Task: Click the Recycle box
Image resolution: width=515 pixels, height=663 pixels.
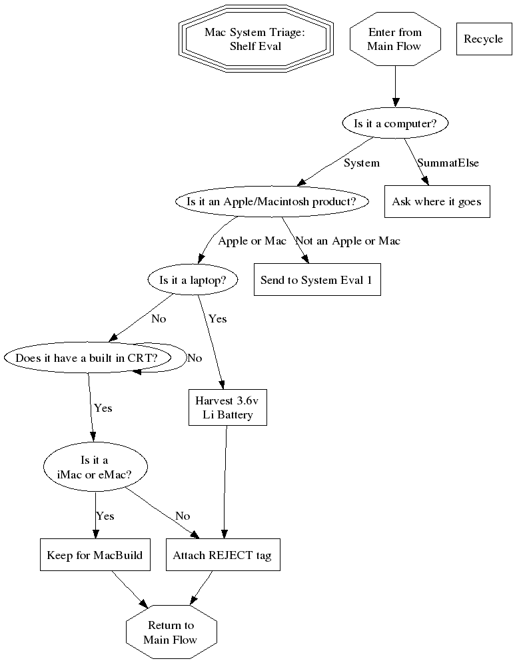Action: click(x=483, y=39)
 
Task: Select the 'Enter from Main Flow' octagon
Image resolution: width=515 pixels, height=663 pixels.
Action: click(x=395, y=39)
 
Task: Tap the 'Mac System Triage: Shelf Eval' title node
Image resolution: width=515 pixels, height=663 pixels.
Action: click(x=255, y=39)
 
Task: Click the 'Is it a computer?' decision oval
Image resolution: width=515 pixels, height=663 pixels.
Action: click(x=395, y=123)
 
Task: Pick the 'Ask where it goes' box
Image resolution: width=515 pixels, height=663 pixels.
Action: click(x=436, y=201)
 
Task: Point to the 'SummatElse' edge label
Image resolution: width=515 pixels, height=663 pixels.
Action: click(x=448, y=163)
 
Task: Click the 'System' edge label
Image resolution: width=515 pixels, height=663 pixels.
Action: click(x=361, y=163)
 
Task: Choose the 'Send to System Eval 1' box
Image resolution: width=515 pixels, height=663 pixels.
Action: click(x=316, y=280)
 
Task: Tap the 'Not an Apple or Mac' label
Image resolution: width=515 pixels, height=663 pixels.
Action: click(x=348, y=241)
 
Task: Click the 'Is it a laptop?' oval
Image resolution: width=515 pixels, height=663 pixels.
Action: click(x=193, y=280)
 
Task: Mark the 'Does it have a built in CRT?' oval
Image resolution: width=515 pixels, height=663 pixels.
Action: click(x=86, y=358)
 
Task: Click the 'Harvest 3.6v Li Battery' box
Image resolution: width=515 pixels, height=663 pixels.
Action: click(x=228, y=408)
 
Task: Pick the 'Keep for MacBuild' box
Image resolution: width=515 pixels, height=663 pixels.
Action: click(x=94, y=554)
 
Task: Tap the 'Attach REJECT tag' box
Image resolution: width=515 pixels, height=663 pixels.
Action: click(x=223, y=554)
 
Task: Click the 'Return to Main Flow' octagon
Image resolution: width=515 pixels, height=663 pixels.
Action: click(x=171, y=632)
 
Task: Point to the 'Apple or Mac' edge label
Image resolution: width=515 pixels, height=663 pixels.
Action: click(x=252, y=241)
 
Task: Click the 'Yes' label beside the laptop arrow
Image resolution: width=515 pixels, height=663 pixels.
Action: click(x=217, y=319)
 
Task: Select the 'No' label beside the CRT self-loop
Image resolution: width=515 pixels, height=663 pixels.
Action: click(x=195, y=358)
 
